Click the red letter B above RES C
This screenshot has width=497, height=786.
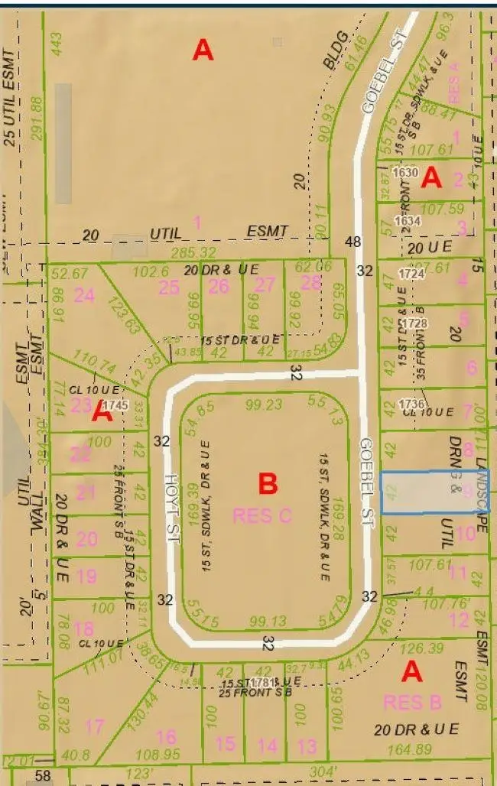point(267,484)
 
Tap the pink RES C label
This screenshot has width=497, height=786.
point(262,515)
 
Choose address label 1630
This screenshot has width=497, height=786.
point(404,173)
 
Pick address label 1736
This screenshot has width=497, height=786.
point(411,404)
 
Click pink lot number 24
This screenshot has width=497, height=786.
point(84,295)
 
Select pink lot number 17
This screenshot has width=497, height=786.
point(95,726)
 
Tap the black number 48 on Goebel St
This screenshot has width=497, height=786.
point(352,242)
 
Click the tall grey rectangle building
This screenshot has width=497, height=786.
point(63,143)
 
